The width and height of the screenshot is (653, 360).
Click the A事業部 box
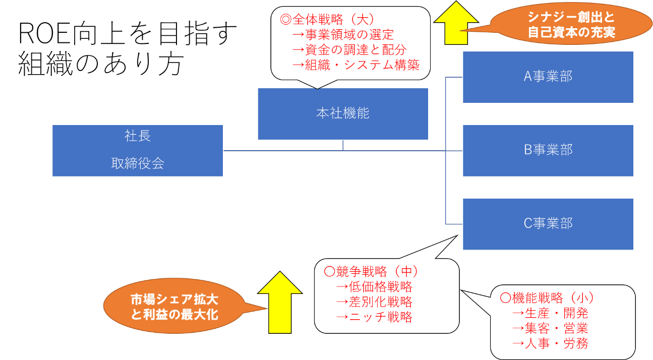(548, 77)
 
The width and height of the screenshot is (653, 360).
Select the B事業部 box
(548, 150)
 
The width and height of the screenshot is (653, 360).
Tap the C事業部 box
(548, 223)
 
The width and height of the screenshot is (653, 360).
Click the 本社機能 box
(343, 113)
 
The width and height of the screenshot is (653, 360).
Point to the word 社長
(138, 136)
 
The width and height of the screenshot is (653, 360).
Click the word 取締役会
(138, 163)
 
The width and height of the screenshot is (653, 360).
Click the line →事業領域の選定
(343, 35)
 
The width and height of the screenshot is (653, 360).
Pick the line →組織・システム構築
(356, 65)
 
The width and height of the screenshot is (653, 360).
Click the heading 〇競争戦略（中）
(371, 272)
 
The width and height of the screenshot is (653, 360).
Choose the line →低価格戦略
(374, 287)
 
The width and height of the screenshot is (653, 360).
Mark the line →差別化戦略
(374, 302)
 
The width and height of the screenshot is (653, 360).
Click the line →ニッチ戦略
(374, 317)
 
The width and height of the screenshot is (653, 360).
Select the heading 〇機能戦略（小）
(547, 298)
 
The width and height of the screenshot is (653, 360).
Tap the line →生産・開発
(550, 313)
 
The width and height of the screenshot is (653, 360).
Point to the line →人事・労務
(550, 343)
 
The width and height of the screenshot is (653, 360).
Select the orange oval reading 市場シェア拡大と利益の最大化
(174, 306)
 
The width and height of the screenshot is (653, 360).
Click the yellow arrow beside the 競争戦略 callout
(280, 303)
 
